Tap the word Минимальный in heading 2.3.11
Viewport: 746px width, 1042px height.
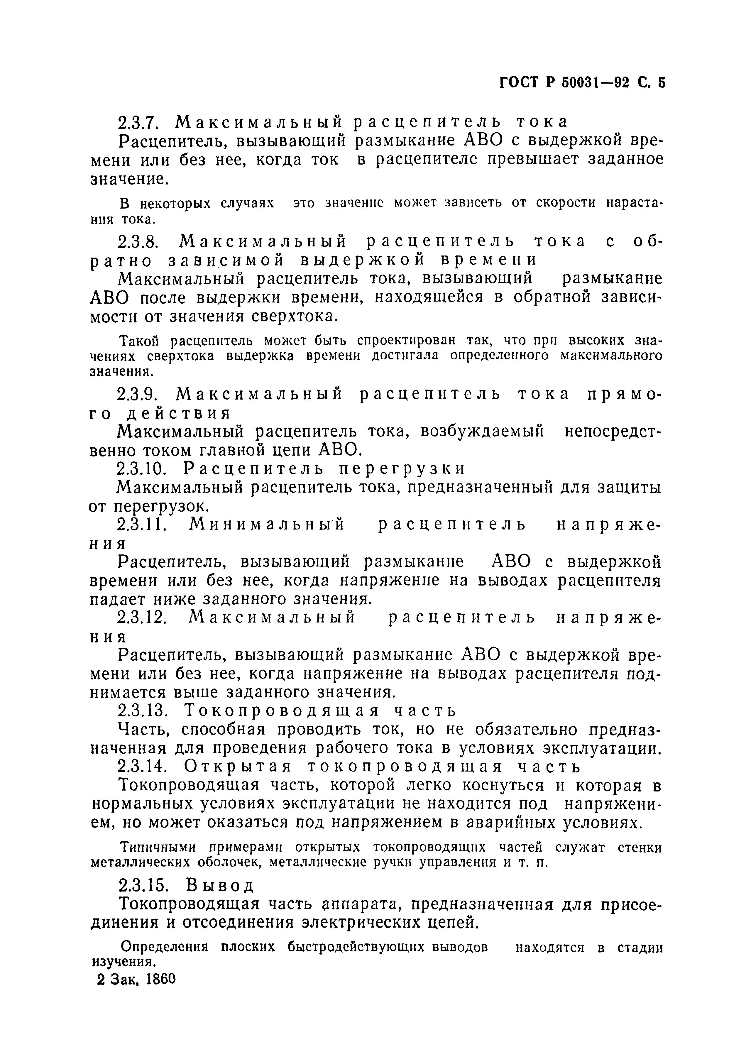tap(266, 525)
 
